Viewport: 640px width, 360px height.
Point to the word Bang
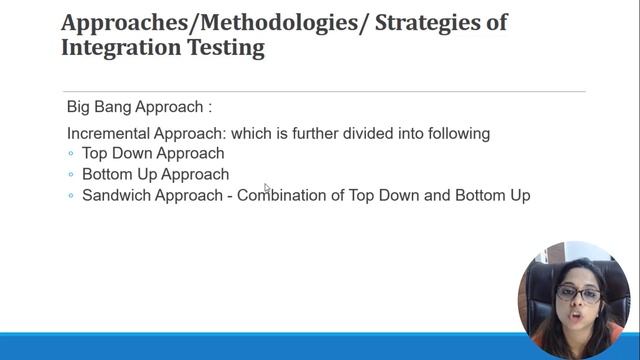[119, 107]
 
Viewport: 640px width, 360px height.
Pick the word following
[454, 133]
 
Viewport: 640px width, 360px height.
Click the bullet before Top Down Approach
[71, 154]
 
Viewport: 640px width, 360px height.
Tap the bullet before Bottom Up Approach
[71, 175]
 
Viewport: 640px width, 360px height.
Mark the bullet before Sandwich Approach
[71, 196]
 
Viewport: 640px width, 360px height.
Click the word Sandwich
[116, 195]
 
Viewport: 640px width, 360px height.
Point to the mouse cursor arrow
[266, 187]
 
